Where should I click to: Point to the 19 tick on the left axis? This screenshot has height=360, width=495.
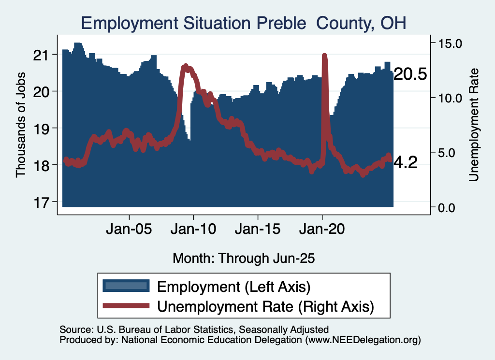click(x=42, y=128)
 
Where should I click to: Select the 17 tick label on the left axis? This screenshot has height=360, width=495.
click(x=42, y=202)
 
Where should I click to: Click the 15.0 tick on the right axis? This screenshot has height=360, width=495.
click(x=450, y=43)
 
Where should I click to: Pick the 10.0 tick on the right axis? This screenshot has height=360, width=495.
click(x=450, y=98)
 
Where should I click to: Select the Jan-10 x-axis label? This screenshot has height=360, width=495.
click(x=194, y=228)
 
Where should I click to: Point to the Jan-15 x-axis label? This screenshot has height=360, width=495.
click(x=258, y=228)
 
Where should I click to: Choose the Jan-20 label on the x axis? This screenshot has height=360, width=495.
click(x=322, y=228)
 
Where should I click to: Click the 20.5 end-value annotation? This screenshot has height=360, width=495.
click(x=410, y=74)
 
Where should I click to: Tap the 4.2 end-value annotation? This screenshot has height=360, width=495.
click(x=406, y=163)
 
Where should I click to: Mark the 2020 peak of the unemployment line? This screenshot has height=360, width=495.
click(x=324, y=56)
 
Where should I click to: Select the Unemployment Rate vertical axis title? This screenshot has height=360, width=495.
click(x=474, y=125)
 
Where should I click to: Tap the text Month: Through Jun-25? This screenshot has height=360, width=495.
click(x=244, y=258)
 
